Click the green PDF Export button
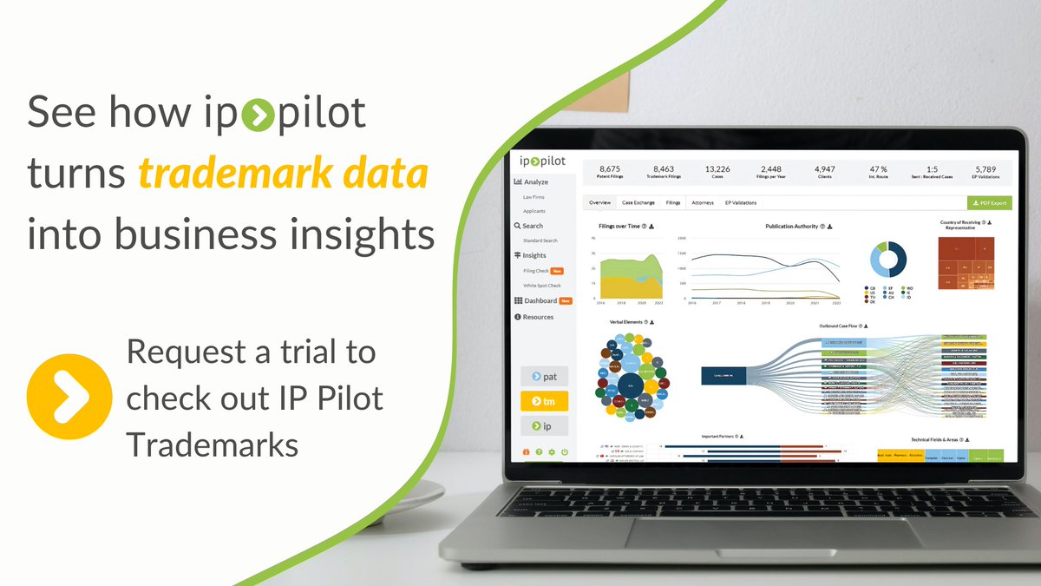[989, 203]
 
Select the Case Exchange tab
[638, 202]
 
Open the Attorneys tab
[702, 202]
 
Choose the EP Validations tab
[741, 202]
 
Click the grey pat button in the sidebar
[544, 377]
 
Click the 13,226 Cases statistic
[717, 172]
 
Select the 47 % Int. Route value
[877, 172]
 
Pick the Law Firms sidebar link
[534, 198]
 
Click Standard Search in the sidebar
[540, 240]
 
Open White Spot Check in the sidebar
[541, 285]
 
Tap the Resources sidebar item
[538, 317]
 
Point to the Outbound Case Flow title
[841, 326]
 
